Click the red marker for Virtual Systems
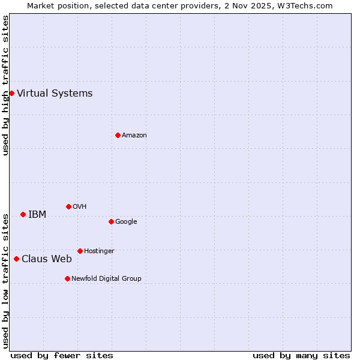11,93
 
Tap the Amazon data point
118,135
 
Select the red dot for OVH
68,206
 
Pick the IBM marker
23,214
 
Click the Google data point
111,221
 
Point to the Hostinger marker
80,251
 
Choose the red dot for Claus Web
16,259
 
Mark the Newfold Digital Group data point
67,278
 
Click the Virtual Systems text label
55,93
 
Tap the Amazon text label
134,135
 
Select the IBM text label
37,214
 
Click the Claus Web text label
47,259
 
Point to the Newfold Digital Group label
106,278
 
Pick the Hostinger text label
99,251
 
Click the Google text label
126,221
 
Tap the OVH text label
80,206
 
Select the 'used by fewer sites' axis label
62,355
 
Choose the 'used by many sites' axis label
301,355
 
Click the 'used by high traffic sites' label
5,85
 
